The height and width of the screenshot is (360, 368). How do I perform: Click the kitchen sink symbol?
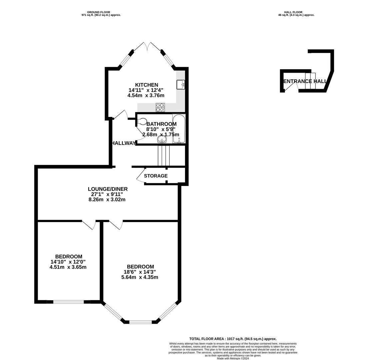click(x=180, y=84)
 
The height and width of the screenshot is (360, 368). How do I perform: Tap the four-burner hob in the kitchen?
click(x=160, y=107)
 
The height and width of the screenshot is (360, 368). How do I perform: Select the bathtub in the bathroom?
click(x=179, y=129)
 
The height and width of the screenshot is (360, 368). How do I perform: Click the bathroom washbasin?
click(x=162, y=140)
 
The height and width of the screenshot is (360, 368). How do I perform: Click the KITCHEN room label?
click(x=147, y=85)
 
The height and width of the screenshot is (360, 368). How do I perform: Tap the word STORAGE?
click(x=156, y=176)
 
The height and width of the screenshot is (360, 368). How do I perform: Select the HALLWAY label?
click(x=123, y=143)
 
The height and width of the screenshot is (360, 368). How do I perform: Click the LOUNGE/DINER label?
click(x=108, y=189)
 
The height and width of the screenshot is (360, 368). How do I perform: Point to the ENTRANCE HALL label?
click(x=305, y=81)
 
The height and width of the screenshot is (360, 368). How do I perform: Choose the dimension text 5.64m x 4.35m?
click(x=140, y=277)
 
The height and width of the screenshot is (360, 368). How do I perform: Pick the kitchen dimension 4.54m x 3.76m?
click(x=146, y=96)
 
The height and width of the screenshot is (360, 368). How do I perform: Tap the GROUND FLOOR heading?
click(x=99, y=12)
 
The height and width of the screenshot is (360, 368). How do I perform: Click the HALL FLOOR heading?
click(x=293, y=12)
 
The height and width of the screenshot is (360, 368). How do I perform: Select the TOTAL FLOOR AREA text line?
click(x=233, y=339)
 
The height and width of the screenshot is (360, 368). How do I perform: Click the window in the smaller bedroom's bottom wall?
click(x=69, y=302)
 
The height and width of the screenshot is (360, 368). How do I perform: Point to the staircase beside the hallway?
click(x=164, y=156)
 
